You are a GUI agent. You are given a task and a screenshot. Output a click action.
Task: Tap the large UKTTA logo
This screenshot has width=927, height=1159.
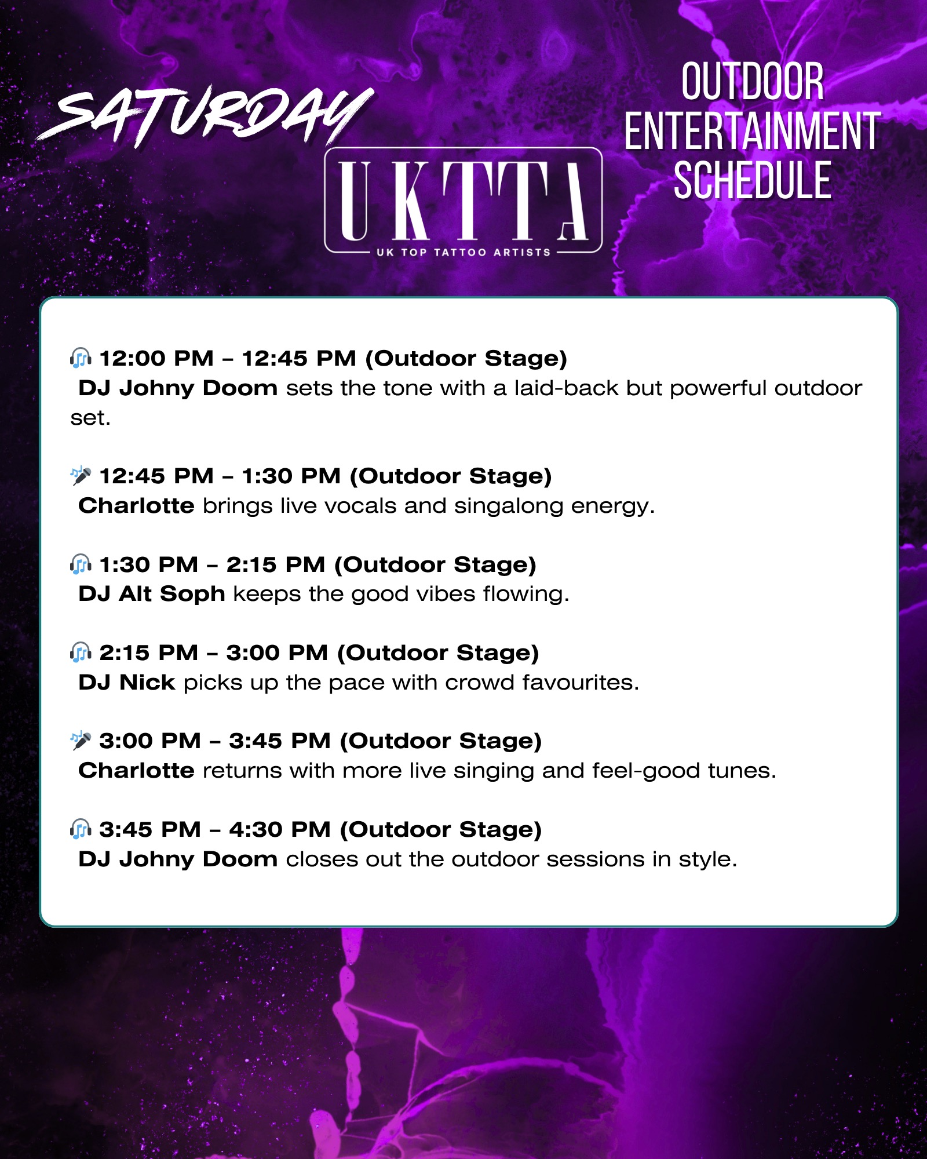[x=463, y=200]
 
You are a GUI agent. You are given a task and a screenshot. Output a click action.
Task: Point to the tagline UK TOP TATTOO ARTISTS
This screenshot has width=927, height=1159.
[x=463, y=252]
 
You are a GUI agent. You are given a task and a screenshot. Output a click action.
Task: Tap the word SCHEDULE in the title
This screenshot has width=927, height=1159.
[x=752, y=181]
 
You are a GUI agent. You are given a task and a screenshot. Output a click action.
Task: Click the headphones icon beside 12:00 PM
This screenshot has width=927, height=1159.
[x=81, y=358]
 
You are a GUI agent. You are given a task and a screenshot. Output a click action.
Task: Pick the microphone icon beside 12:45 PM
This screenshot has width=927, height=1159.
[x=81, y=476]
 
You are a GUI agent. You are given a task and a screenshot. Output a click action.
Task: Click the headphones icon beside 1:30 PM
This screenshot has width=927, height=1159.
[x=81, y=564]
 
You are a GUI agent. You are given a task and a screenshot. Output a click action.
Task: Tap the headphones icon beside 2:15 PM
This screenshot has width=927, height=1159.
[x=81, y=653]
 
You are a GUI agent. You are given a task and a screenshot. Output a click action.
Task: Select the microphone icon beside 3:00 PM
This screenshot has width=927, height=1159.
[x=81, y=741]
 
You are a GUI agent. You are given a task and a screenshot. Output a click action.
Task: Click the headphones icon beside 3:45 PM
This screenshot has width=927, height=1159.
[x=81, y=829]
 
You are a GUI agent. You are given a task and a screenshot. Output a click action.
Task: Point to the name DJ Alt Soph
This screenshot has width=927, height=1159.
[x=152, y=594]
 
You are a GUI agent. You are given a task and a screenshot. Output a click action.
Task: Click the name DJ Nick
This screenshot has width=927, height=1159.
[x=127, y=682]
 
